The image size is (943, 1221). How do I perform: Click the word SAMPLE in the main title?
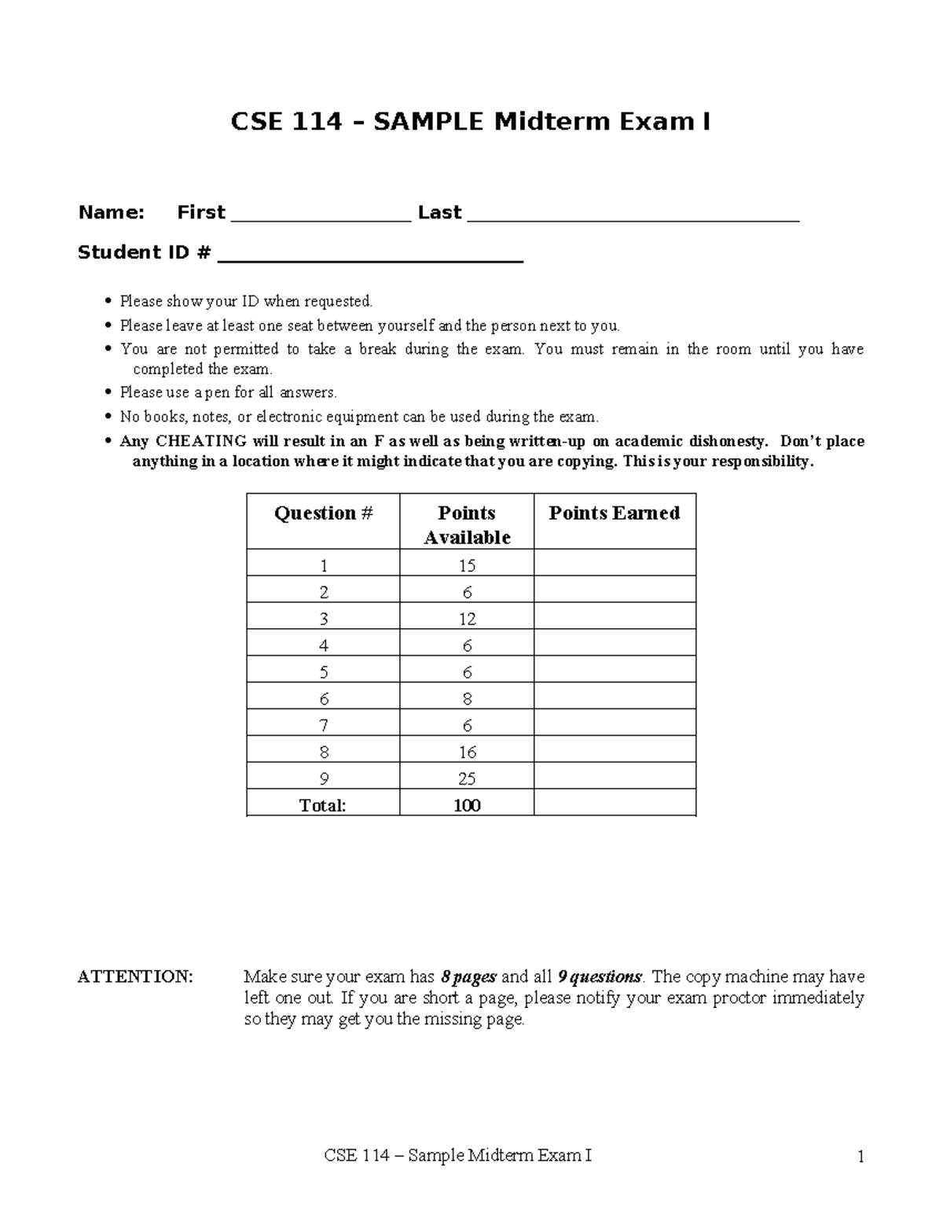point(428,123)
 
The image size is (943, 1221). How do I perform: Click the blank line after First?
point(321,220)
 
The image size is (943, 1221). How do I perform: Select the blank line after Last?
point(633,220)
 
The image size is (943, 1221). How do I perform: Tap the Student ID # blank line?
point(370,260)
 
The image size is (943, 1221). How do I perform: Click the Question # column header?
point(323,513)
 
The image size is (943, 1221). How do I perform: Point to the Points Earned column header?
point(614,513)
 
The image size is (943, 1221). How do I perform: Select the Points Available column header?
point(467,525)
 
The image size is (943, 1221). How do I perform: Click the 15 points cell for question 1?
point(467,566)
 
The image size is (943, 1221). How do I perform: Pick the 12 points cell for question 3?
point(467,620)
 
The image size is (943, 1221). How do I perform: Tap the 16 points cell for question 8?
point(467,752)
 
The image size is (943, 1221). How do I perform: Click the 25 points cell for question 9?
point(467,779)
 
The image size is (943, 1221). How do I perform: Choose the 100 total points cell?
point(467,806)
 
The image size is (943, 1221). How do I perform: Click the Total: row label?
point(322,806)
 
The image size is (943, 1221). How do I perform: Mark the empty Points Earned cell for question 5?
point(615,672)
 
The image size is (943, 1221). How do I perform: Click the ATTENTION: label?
point(134,977)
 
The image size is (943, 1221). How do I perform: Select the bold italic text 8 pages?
point(468,977)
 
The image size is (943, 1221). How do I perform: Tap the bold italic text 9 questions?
point(600,977)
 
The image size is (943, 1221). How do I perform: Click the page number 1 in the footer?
point(861,1157)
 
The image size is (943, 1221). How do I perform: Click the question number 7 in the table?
point(324,726)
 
